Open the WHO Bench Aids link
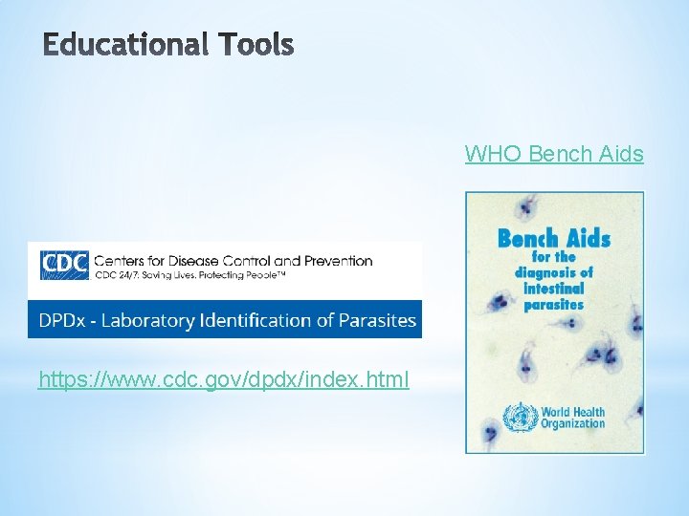[554, 154]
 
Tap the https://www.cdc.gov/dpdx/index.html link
[224, 379]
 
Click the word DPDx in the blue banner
[62, 320]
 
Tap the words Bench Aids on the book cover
[554, 238]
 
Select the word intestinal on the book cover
[553, 289]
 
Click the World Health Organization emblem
[520, 417]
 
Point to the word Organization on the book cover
[572, 423]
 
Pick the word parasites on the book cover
[553, 305]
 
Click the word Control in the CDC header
[240, 260]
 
